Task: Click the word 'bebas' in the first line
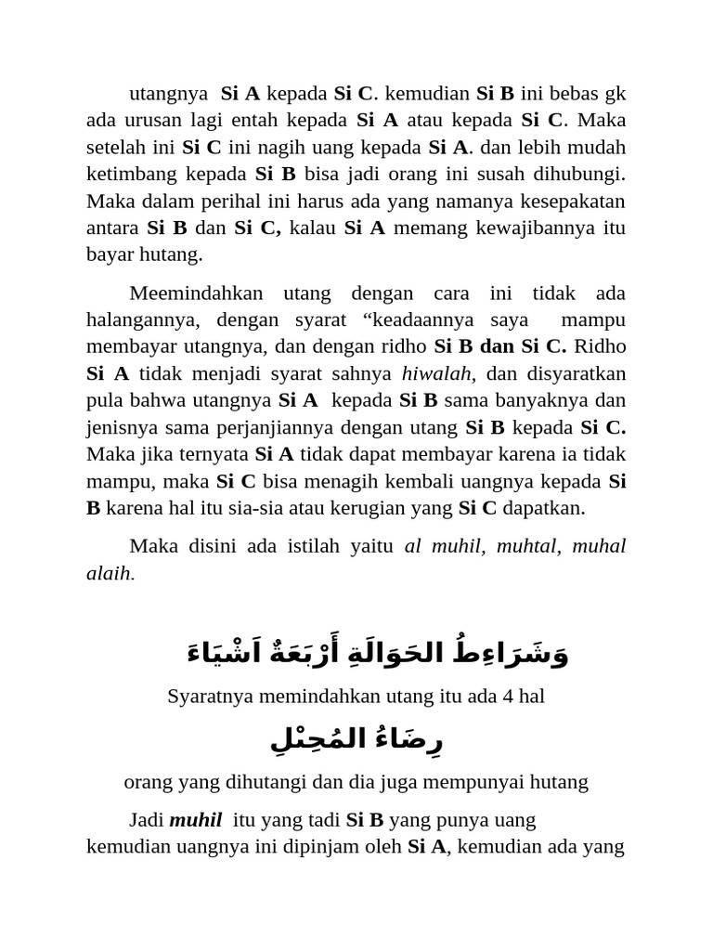[x=574, y=93]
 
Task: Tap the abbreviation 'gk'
[x=616, y=93]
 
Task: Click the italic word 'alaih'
[x=109, y=573]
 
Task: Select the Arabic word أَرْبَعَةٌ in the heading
[x=323, y=653]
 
